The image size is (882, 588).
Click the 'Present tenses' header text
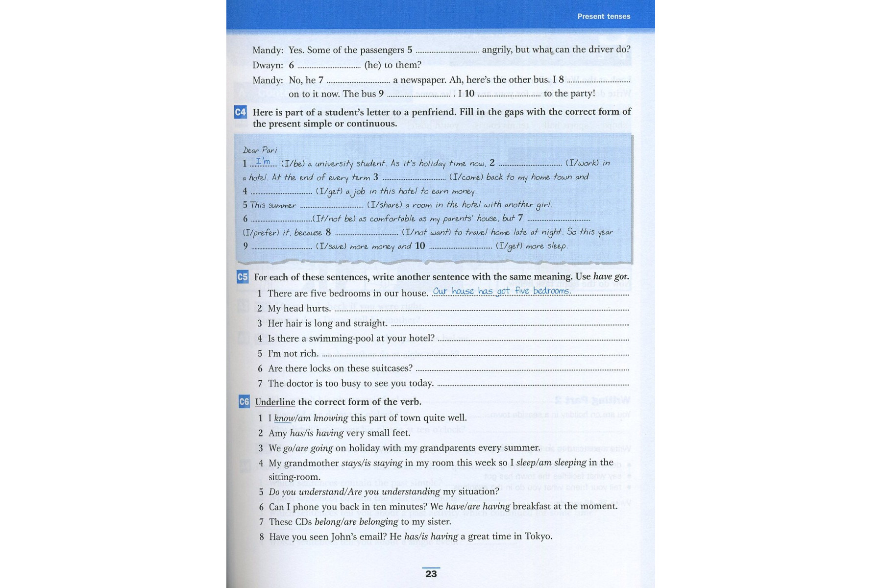pos(603,16)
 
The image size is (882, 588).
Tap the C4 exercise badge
pos(240,112)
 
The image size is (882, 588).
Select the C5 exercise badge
pos(243,277)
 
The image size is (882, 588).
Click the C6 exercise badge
pos(244,402)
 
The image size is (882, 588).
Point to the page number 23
pos(431,574)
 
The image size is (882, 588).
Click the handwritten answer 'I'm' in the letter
pos(263,161)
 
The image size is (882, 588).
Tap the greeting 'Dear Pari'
pos(260,150)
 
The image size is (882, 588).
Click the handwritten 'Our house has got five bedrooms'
pos(501,291)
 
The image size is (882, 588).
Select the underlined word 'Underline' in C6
pos(275,402)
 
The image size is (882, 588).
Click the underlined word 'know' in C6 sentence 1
pos(284,418)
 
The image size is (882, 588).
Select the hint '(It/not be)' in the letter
pos(334,219)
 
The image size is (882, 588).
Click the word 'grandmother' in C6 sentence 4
pos(311,463)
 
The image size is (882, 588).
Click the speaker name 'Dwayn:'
pos(268,65)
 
